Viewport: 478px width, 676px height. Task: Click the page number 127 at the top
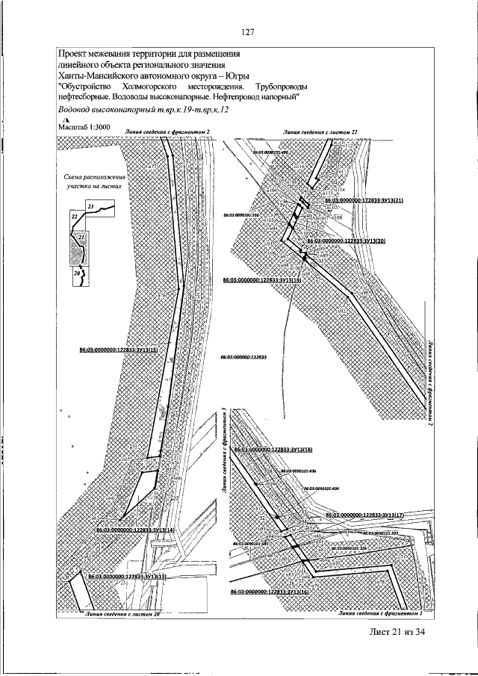pos(248,31)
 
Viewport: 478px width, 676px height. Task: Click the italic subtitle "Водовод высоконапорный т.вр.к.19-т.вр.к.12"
pos(143,110)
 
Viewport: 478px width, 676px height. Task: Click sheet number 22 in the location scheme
pos(75,215)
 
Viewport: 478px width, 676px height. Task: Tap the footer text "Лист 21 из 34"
pos(401,633)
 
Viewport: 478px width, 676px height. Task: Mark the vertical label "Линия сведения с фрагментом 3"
pos(224,451)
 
